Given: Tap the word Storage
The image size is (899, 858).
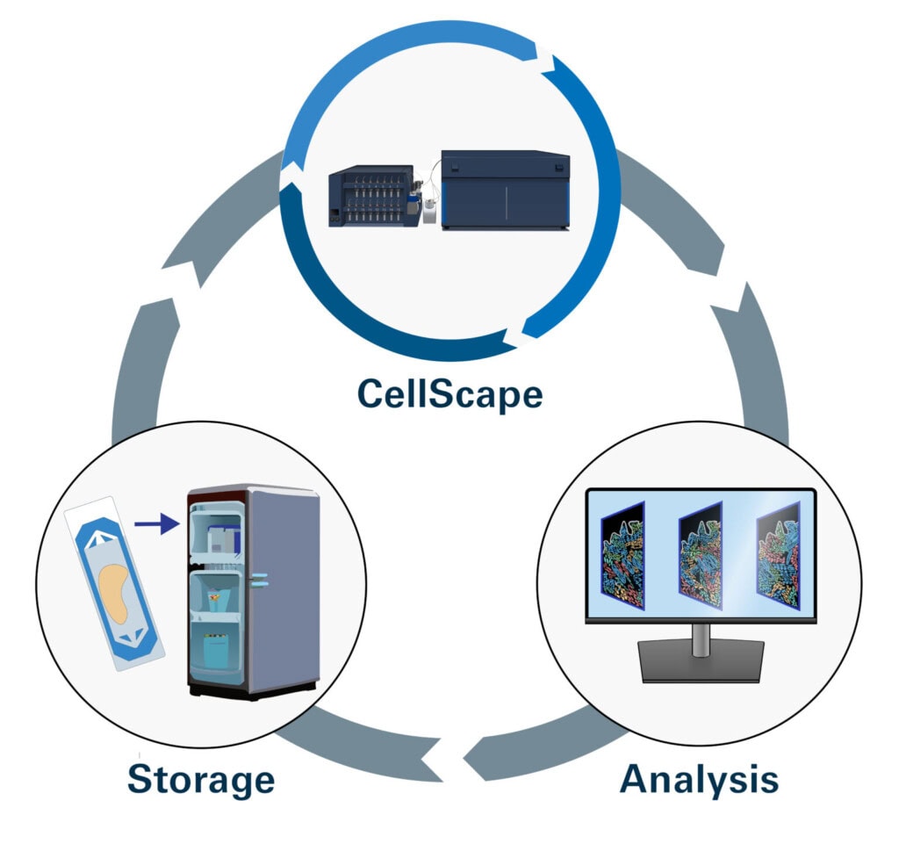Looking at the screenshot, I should point(201,778).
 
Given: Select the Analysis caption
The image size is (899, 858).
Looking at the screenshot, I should point(699,778).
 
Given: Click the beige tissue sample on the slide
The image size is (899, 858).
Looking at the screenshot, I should point(116,588).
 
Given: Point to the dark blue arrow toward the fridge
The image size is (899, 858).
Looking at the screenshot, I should point(157,525).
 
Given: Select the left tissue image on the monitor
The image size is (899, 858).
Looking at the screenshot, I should point(622,555).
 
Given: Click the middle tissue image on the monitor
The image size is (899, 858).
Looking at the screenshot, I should point(700,555).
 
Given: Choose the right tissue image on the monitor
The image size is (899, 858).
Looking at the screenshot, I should point(778,555).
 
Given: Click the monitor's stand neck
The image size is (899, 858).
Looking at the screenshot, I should point(700,637).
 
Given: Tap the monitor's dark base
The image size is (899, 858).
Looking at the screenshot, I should point(700,663).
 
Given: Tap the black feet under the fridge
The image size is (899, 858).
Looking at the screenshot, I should point(250,691).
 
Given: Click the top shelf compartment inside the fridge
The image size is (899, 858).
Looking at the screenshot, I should point(214,537).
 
